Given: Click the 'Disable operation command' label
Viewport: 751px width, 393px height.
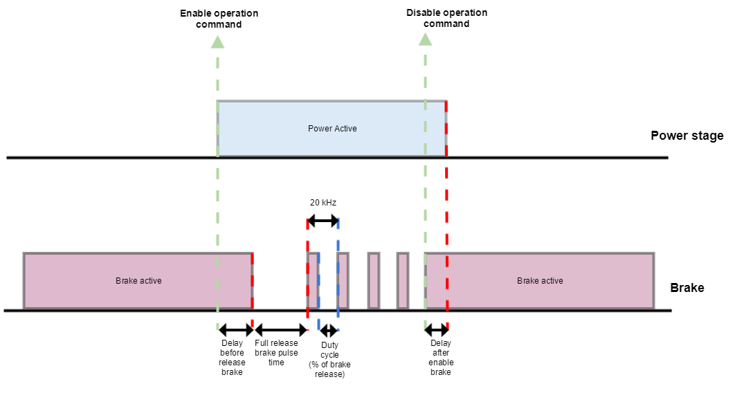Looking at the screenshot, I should pyautogui.click(x=446, y=18).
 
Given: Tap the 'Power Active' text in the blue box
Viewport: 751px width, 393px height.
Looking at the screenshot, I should pyautogui.click(x=332, y=129).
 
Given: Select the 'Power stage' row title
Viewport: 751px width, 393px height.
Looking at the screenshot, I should pyautogui.click(x=687, y=136).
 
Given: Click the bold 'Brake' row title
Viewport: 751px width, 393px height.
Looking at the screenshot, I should pyautogui.click(x=687, y=287).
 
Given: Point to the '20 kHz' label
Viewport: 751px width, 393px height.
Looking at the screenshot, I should pyautogui.click(x=323, y=203).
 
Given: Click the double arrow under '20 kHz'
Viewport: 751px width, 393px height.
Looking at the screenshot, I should pyautogui.click(x=323, y=221).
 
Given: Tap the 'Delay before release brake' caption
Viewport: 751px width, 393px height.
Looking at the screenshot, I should pyautogui.click(x=232, y=358).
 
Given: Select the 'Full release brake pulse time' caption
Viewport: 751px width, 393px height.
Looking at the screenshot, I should pyautogui.click(x=276, y=353).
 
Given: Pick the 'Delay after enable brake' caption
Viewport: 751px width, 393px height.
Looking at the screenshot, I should pyautogui.click(x=440, y=358).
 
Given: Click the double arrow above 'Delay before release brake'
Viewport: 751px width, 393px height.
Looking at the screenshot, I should pyautogui.click(x=235, y=331).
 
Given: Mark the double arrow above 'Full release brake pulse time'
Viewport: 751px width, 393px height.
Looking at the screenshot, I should pyautogui.click(x=280, y=331).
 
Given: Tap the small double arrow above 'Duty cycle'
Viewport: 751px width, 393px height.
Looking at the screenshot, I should pyautogui.click(x=329, y=331).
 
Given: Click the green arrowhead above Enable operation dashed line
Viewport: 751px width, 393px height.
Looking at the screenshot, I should pyautogui.click(x=217, y=42).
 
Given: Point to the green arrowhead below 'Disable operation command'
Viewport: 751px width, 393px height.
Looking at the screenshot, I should pyautogui.click(x=425, y=40).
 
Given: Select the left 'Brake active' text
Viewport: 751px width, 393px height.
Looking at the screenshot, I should pyautogui.click(x=138, y=281).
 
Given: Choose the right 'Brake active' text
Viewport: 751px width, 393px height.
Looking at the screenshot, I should pyautogui.click(x=540, y=281).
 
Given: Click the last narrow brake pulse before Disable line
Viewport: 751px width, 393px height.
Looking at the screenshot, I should pyautogui.click(x=402, y=281).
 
